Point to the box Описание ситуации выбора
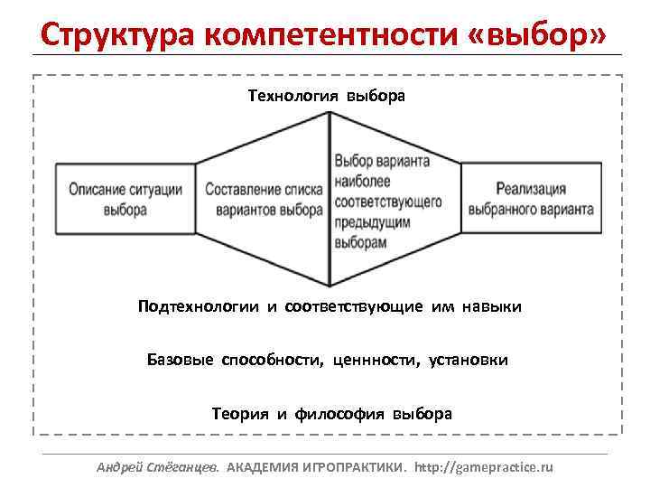125,199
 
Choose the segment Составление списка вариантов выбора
264,199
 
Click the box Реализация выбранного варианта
530,199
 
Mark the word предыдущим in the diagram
373,222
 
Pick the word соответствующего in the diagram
387,202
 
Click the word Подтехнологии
198,307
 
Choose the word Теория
240,414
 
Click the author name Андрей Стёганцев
157,467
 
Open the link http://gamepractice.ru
485,467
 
